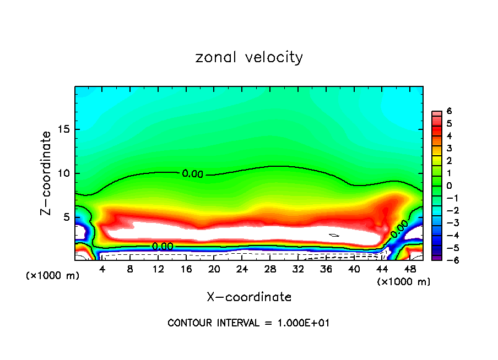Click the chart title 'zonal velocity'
[249, 57]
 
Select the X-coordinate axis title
[249, 297]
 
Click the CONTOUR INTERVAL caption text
[248, 323]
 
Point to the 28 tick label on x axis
[270, 270]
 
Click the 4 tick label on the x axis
[102, 270]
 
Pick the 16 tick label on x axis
[186, 270]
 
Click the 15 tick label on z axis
[64, 130]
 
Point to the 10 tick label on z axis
[64, 173]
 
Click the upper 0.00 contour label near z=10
[193, 174]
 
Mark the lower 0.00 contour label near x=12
[163, 246]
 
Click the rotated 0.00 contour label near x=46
[400, 228]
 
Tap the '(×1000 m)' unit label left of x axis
[53, 276]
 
